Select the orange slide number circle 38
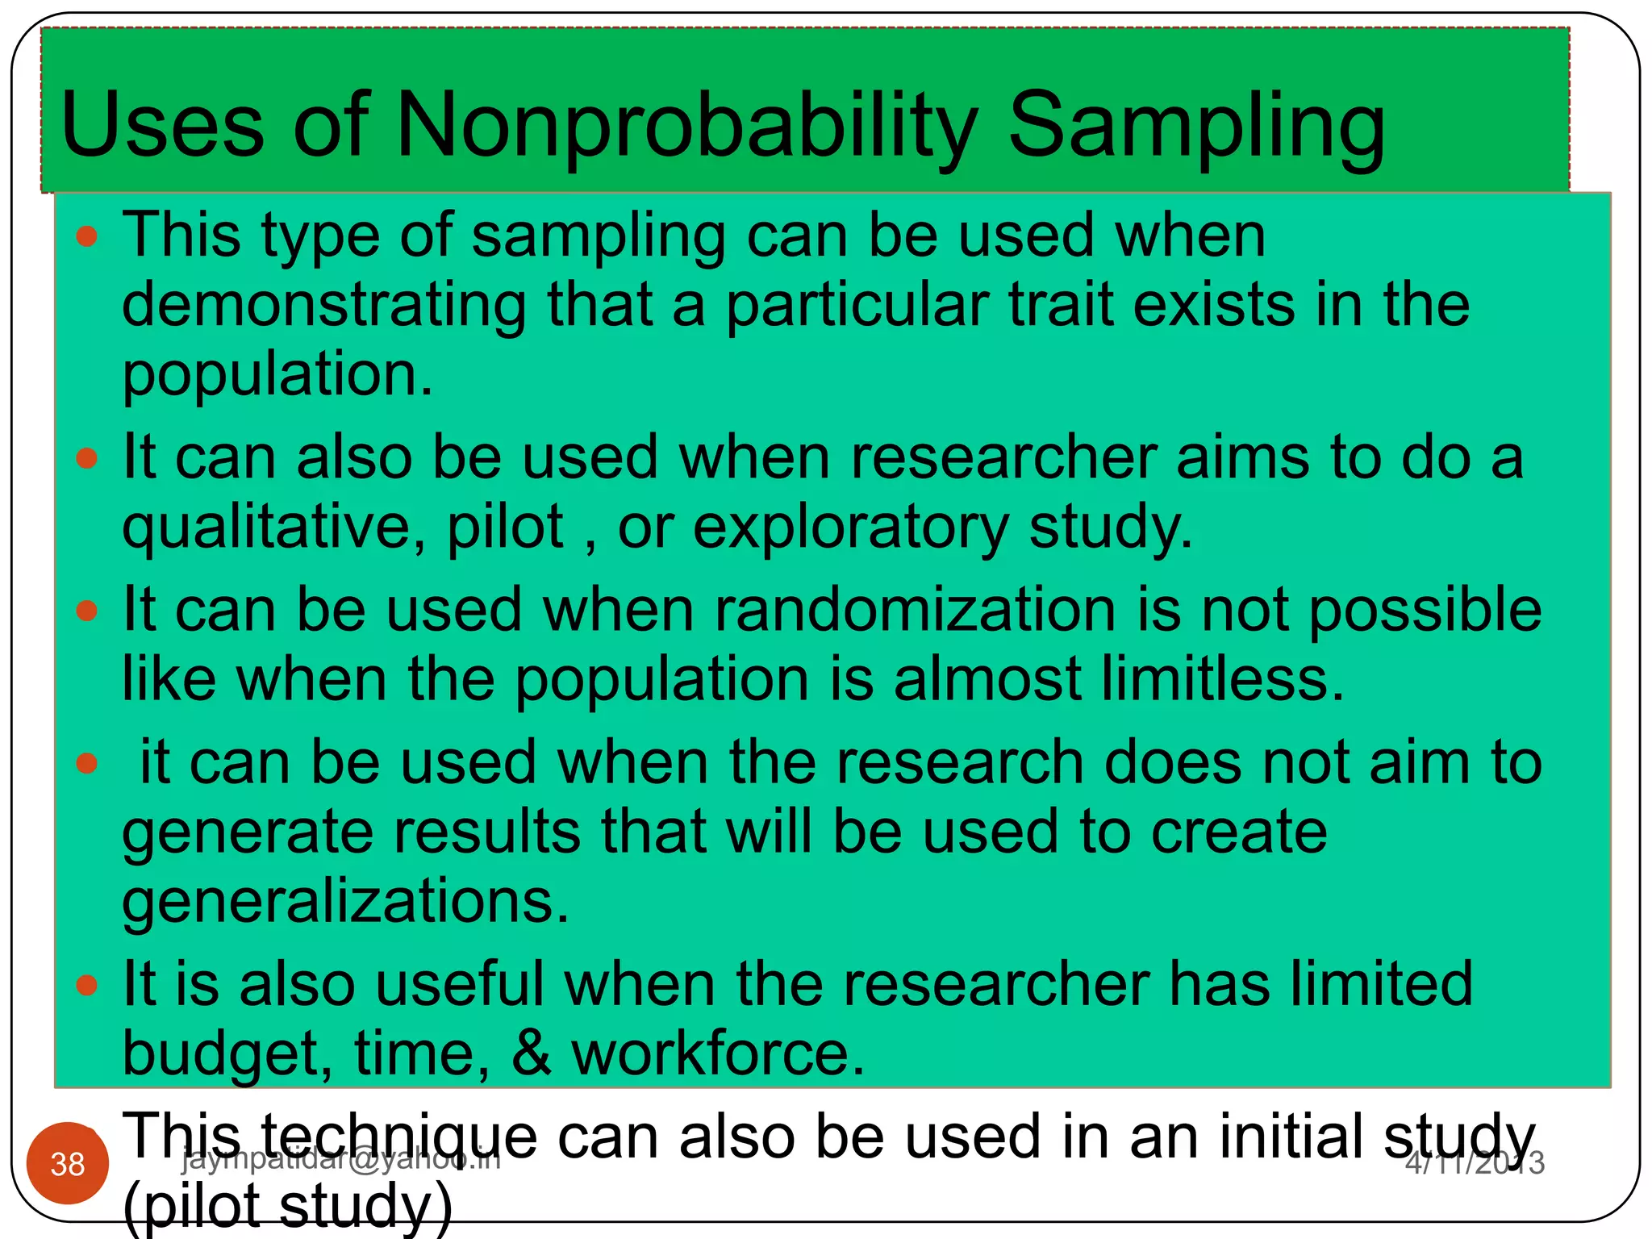(68, 1163)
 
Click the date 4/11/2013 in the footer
(1475, 1162)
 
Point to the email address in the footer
(341, 1158)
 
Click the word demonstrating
(324, 307)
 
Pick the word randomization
(915, 610)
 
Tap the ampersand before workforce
(532, 1053)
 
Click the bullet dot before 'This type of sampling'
(86, 236)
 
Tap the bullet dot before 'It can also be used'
(86, 459)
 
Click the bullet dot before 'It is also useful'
(86, 985)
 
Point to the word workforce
(718, 1053)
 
